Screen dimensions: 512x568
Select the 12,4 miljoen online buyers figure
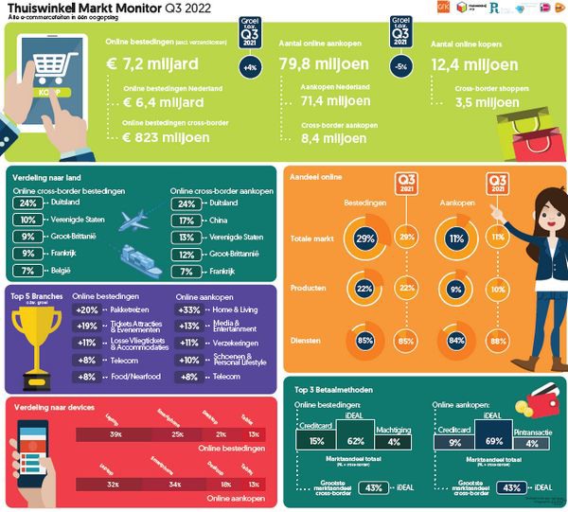(474, 66)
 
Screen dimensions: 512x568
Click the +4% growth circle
(251, 67)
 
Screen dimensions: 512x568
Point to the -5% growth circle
(400, 67)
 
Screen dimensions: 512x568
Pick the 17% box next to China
(186, 221)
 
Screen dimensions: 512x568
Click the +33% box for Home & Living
(190, 310)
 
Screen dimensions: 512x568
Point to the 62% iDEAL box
(357, 440)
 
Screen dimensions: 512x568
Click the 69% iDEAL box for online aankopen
(492, 440)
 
